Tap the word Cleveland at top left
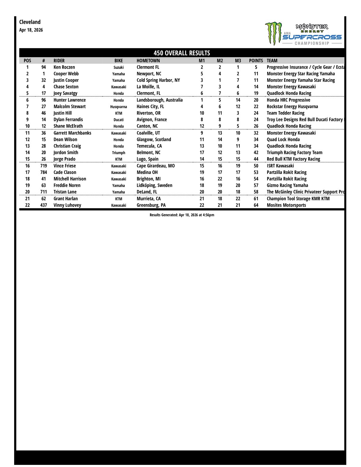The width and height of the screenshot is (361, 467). pyautogui.click(x=30, y=22)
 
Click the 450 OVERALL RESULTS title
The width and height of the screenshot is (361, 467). pyautogui.click(x=182, y=53)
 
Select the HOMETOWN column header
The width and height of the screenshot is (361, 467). pyautogui.click(x=148, y=60)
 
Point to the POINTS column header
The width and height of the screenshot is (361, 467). pyautogui.click(x=256, y=60)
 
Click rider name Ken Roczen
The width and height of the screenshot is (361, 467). pyautogui.click(x=64, y=67)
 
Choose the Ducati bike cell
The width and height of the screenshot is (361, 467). pyautogui.click(x=119, y=120)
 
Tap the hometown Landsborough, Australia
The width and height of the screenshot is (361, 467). pyautogui.click(x=159, y=100)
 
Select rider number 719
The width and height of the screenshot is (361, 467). pyautogui.click(x=44, y=166)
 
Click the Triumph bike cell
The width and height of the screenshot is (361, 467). pyautogui.click(x=119, y=153)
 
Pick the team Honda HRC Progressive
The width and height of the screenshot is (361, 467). pyautogui.click(x=288, y=100)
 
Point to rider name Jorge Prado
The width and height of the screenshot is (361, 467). pyautogui.click(x=64, y=159)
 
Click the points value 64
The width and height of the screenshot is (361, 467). pyautogui.click(x=256, y=205)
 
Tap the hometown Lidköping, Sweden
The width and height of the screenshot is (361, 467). pyautogui.click(x=154, y=185)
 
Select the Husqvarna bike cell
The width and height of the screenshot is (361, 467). pyautogui.click(x=119, y=107)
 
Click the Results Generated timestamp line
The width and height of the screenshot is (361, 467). pyautogui.click(x=182, y=215)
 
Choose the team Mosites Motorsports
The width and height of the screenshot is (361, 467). pyautogui.click(x=286, y=205)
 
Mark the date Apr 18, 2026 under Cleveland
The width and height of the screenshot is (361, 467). pyautogui.click(x=31, y=30)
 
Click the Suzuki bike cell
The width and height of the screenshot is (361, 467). pyautogui.click(x=119, y=67)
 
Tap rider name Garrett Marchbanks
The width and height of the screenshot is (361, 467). pyautogui.click(x=72, y=133)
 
